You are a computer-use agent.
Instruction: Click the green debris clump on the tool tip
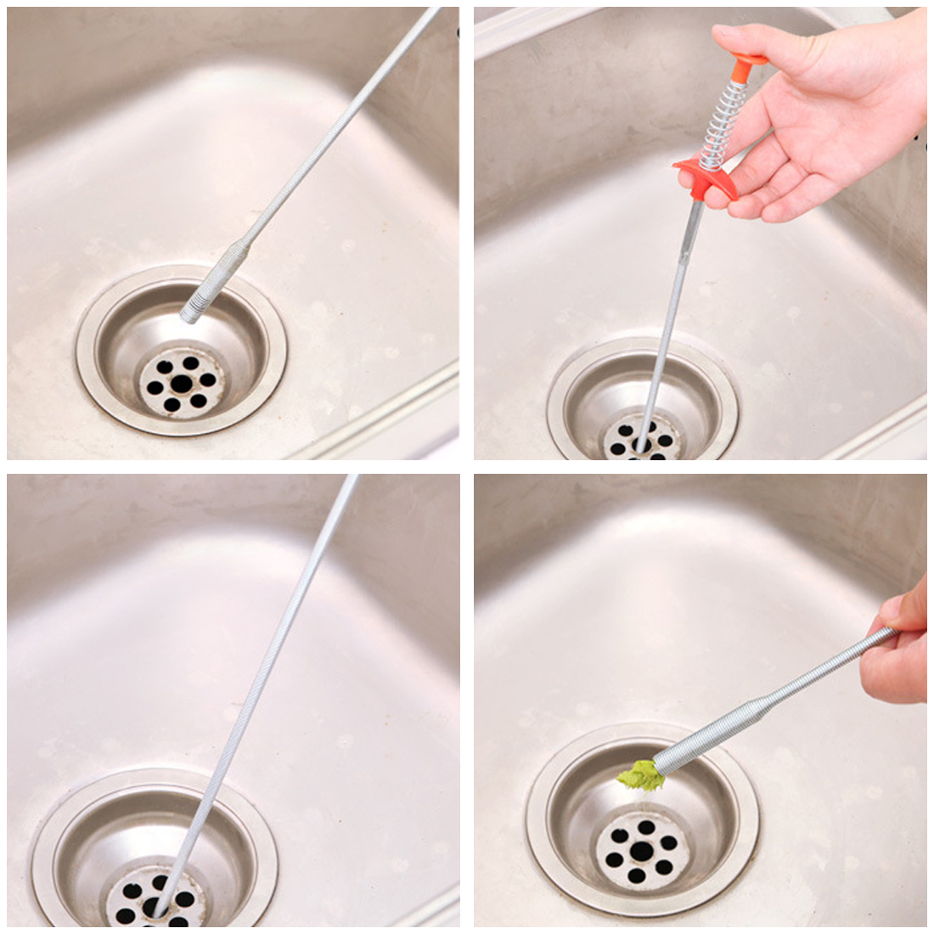tap(639, 774)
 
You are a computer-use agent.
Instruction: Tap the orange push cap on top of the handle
tap(748, 61)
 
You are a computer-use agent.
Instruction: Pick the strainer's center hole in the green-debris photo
tap(642, 850)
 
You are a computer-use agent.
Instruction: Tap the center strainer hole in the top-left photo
tap(180, 383)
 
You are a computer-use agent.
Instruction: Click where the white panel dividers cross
tap(467, 467)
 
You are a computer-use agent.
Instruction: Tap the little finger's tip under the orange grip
tap(686, 179)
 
